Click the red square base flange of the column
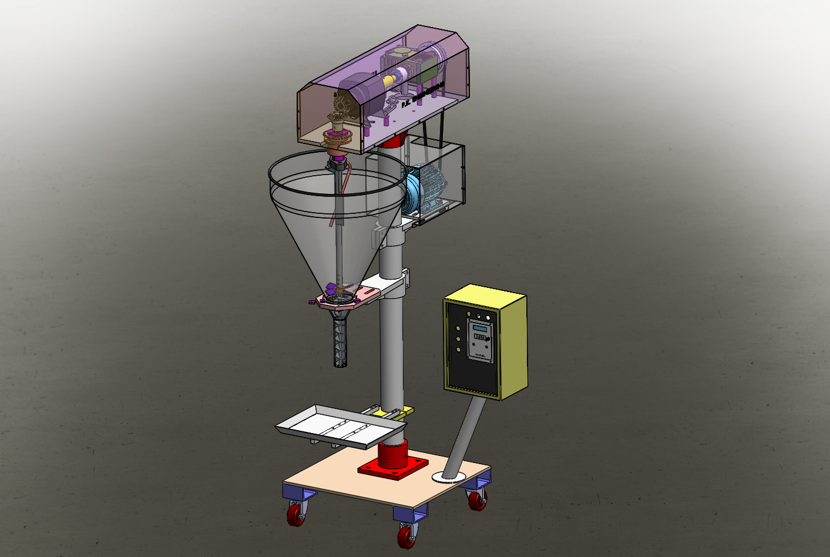[393, 468]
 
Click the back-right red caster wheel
[477, 500]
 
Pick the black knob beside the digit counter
[488, 338]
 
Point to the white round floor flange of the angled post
[449, 477]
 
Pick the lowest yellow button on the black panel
[459, 350]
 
